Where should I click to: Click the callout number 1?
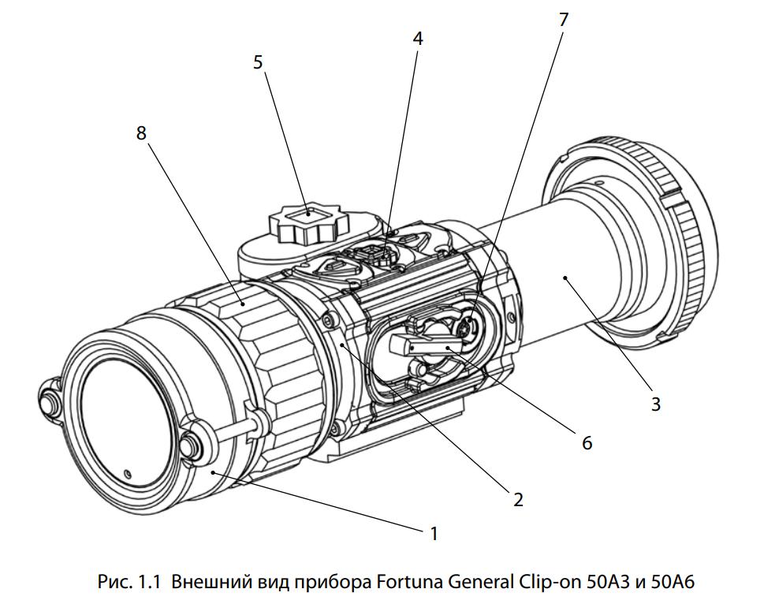pyautogui.click(x=433, y=534)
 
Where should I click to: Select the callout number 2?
pyautogui.click(x=517, y=499)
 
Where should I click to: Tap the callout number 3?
pyautogui.click(x=656, y=404)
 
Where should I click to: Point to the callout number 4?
pyautogui.click(x=418, y=38)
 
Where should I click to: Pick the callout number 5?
pyautogui.click(x=258, y=62)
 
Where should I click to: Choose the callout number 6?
pyautogui.click(x=586, y=443)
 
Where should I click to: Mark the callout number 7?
pyautogui.click(x=563, y=20)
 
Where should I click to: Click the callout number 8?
pyautogui.click(x=141, y=133)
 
